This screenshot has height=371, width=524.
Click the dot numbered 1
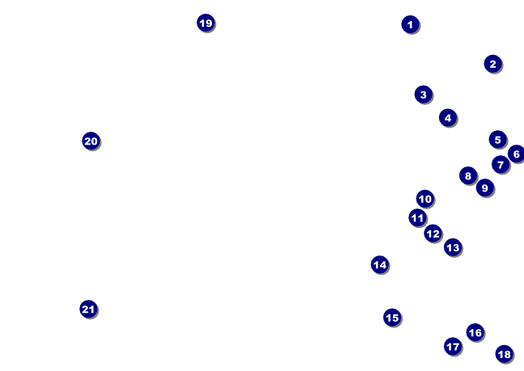(410, 24)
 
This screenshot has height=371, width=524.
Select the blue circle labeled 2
(492, 63)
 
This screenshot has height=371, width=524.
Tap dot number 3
(423, 95)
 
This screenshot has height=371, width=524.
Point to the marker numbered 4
(447, 117)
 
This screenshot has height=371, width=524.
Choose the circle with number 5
(497, 140)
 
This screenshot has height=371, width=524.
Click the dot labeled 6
(516, 154)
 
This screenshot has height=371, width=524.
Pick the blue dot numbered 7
(500, 165)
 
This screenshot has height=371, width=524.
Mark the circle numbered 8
(467, 175)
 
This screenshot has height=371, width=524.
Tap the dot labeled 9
(484, 188)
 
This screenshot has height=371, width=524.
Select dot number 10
(425, 199)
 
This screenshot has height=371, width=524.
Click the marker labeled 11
(417, 217)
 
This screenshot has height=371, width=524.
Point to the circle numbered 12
(433, 234)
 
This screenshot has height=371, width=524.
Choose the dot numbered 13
(452, 247)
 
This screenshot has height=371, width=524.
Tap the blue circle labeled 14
(379, 264)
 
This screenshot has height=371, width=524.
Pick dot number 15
(391, 318)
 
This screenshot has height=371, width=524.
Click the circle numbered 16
(475, 332)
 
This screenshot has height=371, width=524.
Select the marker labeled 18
(504, 354)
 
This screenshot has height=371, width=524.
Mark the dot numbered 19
(205, 23)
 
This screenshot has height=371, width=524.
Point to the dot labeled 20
(91, 141)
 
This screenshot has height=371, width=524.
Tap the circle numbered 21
(88, 309)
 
